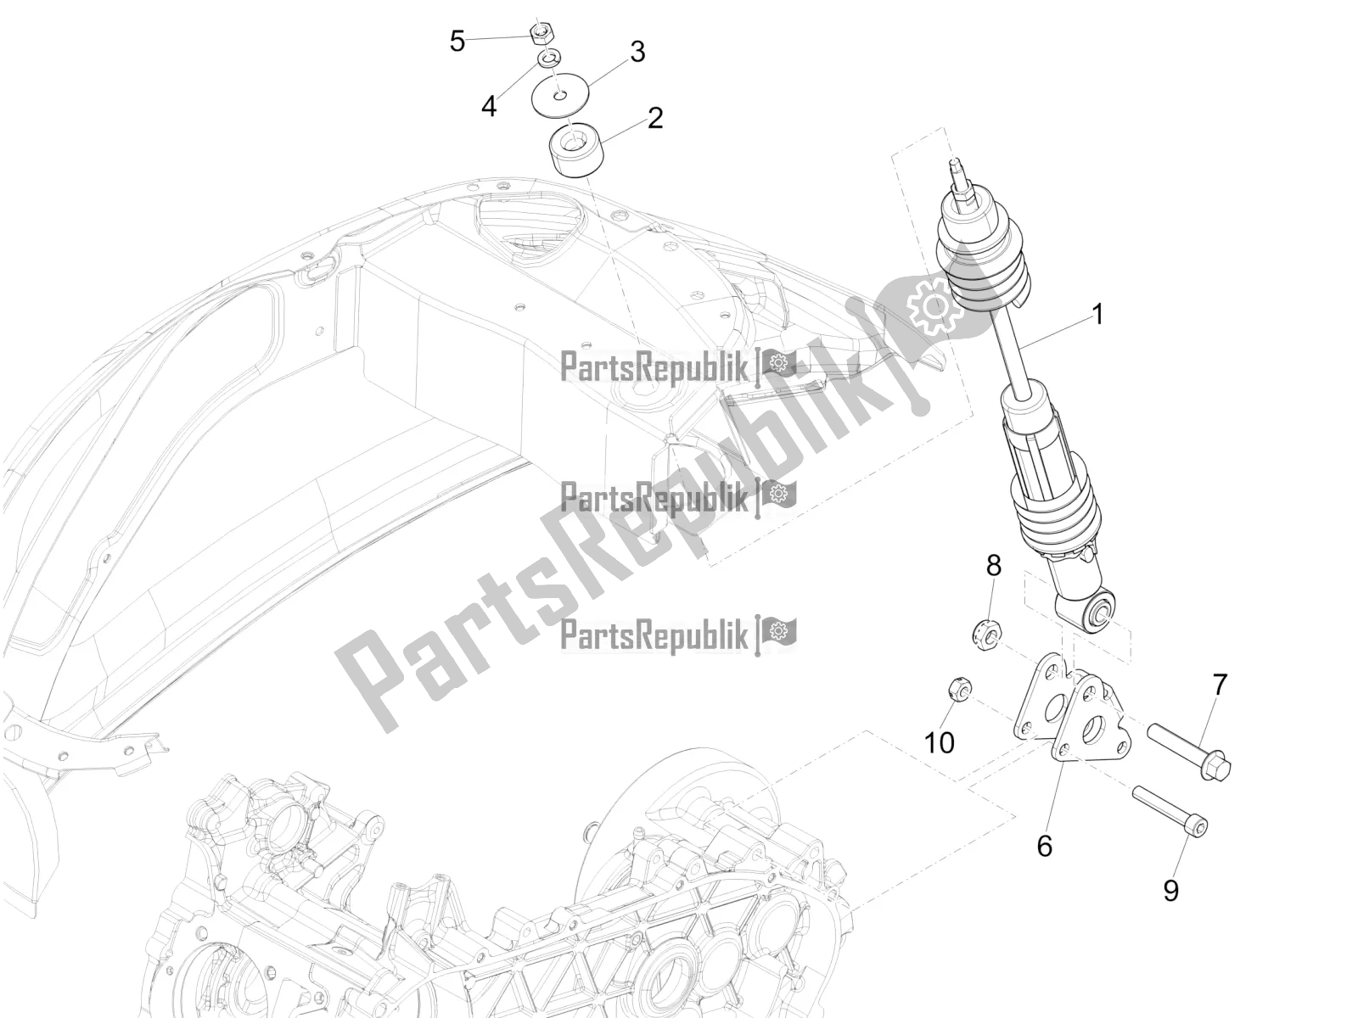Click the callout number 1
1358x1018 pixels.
pyautogui.click(x=1097, y=315)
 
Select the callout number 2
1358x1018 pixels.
pyautogui.click(x=654, y=117)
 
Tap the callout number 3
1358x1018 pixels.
pyautogui.click(x=637, y=52)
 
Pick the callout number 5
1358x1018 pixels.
pyautogui.click(x=457, y=41)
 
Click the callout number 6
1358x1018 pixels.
pyautogui.click(x=1044, y=821)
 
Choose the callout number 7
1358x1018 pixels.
pyautogui.click(x=1220, y=685)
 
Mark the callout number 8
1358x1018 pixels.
pyautogui.click(x=993, y=566)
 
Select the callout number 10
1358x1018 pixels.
pyautogui.click(x=940, y=743)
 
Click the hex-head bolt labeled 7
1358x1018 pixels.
pyautogui.click(x=1188, y=748)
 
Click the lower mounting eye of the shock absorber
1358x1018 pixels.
pyautogui.click(x=1099, y=611)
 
